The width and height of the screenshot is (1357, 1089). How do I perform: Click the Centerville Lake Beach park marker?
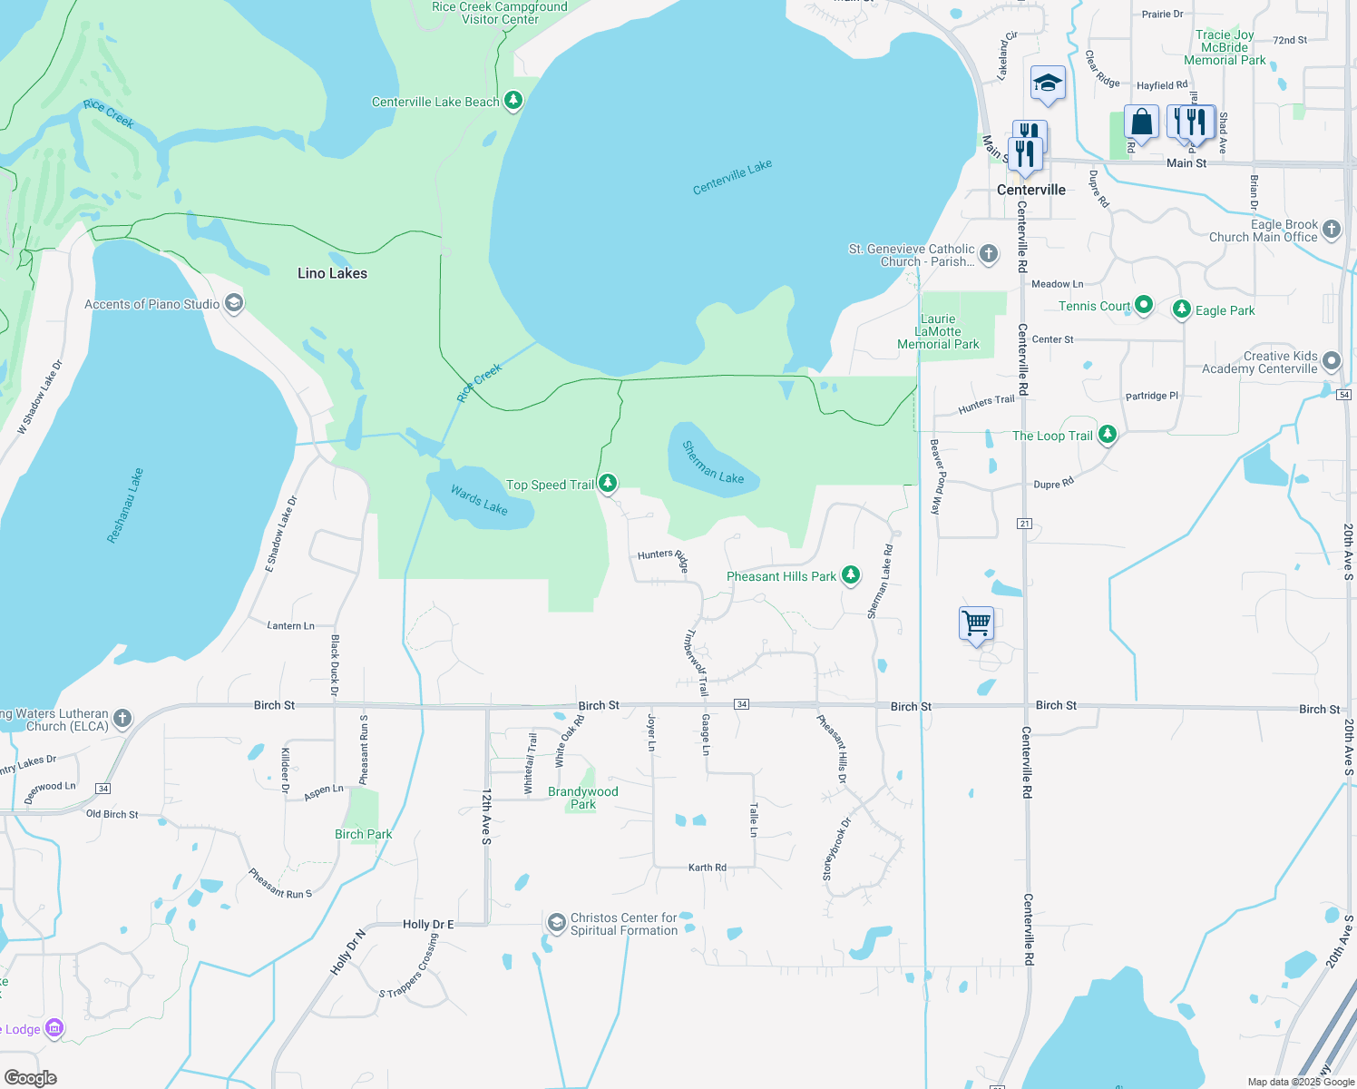513,100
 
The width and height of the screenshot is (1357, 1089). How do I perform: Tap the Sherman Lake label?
713,462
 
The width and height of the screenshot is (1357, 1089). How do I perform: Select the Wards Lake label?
479,500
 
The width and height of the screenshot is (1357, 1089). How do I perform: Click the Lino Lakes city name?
332,273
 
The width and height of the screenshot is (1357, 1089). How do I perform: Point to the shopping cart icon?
976,623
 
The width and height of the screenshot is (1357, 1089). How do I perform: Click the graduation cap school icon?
1048,83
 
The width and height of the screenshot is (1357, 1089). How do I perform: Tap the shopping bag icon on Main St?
1141,122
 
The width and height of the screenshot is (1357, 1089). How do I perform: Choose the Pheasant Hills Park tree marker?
850,575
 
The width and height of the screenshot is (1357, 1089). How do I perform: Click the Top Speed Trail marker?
608,484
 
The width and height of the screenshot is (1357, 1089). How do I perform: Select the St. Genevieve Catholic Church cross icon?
989,254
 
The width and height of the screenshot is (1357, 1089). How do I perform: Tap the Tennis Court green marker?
1144,305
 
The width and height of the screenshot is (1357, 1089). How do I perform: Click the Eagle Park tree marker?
1181,309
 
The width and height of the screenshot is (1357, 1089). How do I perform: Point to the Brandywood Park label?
583,798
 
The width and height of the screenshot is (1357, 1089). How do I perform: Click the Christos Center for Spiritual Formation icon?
556,923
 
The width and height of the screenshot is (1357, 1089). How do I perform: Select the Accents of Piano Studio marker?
234,303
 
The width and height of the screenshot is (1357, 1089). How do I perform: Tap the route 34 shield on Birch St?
742,704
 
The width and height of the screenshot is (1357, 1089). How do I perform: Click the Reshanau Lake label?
125,505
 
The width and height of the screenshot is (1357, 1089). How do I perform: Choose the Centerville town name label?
1031,190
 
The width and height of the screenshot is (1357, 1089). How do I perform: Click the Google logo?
30,1078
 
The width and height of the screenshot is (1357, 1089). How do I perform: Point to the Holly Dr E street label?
428,924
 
